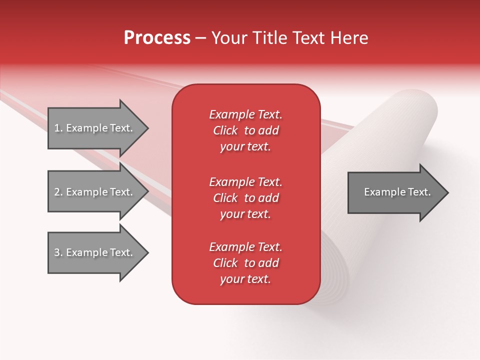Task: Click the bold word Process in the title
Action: [157, 38]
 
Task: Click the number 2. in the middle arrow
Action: [58, 192]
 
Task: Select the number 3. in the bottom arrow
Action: [58, 252]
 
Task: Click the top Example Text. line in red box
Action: [245, 114]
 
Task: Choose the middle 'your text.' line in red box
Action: [245, 214]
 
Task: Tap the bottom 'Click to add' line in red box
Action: [245, 263]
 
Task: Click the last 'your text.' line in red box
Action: [245, 279]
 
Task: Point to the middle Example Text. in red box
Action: [245, 182]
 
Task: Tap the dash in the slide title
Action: [200, 38]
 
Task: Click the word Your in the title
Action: [229, 38]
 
